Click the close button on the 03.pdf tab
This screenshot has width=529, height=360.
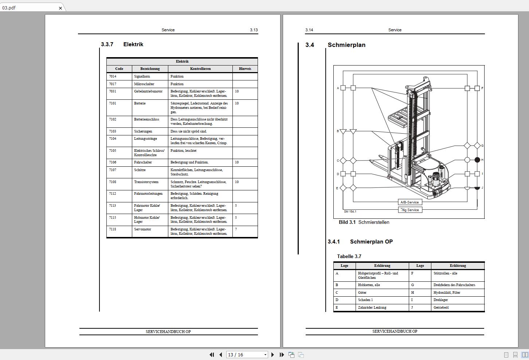[60, 8]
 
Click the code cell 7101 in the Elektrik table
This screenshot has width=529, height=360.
[113, 103]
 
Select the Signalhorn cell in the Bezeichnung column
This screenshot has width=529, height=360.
[142, 76]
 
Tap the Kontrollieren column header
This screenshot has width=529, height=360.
[200, 69]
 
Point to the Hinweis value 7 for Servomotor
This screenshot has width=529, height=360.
[236, 229]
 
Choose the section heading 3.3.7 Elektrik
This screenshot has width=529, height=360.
[122, 44]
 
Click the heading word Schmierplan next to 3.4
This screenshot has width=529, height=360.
[346, 45]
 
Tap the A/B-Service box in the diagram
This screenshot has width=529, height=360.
[410, 202]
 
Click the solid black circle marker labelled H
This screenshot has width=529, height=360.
[477, 160]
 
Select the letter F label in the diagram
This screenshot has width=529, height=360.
[482, 88]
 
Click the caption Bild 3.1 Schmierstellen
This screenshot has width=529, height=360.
[364, 222]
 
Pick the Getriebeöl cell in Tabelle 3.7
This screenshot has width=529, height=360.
[441, 308]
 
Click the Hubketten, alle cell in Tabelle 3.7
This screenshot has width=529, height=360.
[369, 285]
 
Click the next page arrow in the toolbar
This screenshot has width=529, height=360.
[273, 355]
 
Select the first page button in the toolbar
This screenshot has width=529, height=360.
[212, 355]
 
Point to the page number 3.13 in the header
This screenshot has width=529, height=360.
[254, 30]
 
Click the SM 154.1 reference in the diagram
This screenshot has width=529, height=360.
[350, 211]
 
